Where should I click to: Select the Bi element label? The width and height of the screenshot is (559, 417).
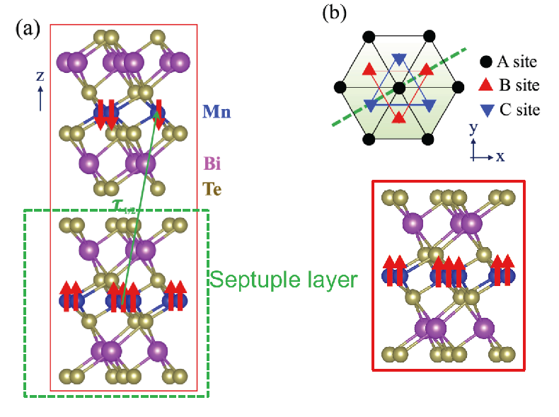[212, 164]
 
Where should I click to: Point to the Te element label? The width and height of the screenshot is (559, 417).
[213, 189]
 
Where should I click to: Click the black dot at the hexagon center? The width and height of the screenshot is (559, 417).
[398, 87]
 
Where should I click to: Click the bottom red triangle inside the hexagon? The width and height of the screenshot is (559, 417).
[398, 116]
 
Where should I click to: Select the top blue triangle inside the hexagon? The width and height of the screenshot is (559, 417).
[398, 59]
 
